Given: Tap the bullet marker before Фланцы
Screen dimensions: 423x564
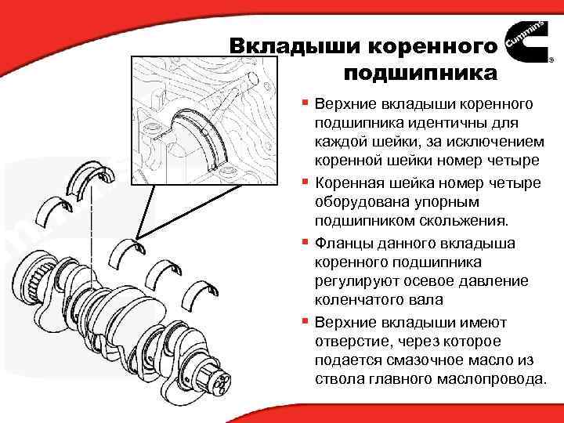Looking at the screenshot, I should tap(305, 242).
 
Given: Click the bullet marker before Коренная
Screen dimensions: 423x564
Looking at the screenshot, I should tap(305, 183).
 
